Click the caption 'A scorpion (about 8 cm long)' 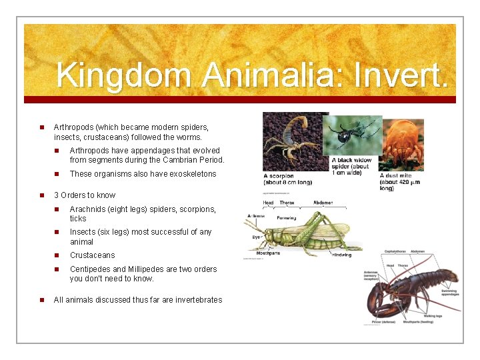(287, 179)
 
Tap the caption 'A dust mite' (395, 176)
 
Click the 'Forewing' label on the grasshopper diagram (287, 218)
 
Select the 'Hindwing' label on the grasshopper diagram (342, 255)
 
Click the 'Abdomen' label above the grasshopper (323, 203)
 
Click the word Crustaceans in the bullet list (92, 255)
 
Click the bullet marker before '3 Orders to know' (41, 195)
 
